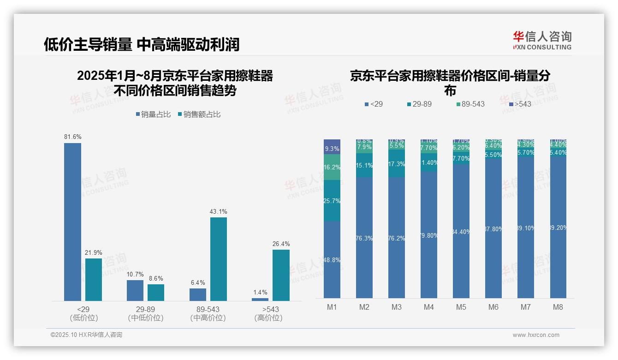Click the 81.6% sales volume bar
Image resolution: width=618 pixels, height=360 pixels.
click(x=72, y=222)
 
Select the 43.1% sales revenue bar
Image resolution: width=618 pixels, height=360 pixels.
click(x=219, y=259)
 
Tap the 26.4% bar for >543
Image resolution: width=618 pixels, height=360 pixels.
click(x=281, y=275)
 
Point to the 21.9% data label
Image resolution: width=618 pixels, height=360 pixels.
click(x=93, y=252)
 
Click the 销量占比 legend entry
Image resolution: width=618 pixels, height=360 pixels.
click(x=153, y=114)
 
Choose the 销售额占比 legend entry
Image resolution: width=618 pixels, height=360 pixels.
click(x=199, y=114)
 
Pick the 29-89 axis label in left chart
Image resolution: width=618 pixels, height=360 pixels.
click(x=145, y=309)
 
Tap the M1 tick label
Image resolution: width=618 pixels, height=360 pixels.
click(x=332, y=307)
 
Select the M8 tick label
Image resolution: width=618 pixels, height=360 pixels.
click(x=558, y=307)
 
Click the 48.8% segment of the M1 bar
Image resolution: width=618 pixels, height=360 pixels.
click(x=332, y=259)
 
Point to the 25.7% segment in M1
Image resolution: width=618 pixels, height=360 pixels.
click(x=332, y=201)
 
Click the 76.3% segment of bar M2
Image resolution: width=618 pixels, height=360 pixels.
click(x=364, y=238)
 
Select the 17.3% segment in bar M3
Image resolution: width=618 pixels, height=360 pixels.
click(x=397, y=163)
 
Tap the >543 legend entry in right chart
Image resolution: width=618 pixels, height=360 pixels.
click(x=520, y=104)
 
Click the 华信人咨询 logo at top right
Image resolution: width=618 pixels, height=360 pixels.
click(x=542, y=40)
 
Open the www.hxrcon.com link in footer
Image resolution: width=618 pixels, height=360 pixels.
click(x=536, y=335)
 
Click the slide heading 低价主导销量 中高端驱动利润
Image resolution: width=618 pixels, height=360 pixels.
click(x=142, y=44)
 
